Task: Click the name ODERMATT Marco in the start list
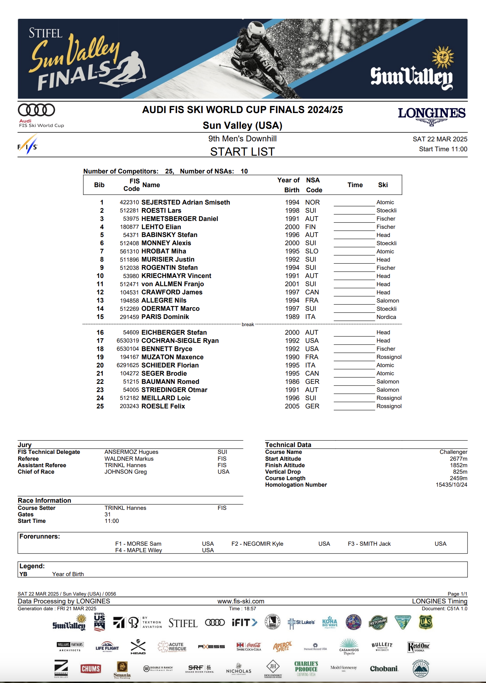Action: pyautogui.click(x=170, y=309)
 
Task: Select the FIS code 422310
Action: pyautogui.click(x=129, y=203)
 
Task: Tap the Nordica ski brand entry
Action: pyautogui.click(x=386, y=317)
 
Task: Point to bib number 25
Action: pyautogui.click(x=100, y=406)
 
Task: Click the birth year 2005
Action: pyautogui.click(x=292, y=406)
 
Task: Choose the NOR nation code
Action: pyautogui.click(x=312, y=203)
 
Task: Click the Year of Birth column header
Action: pyautogui.click(x=289, y=185)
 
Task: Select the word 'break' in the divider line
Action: pyautogui.click(x=248, y=324)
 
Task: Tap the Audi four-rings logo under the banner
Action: pyautogui.click(x=37, y=110)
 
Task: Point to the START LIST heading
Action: pyautogui.click(x=242, y=152)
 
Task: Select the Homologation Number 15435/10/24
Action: pyautogui.click(x=451, y=485)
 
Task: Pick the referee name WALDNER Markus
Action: pyautogui.click(x=129, y=459)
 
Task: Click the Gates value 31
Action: pyautogui.click(x=108, y=515)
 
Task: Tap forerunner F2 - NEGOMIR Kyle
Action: pyautogui.click(x=257, y=544)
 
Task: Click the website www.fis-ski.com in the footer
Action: pyautogui.click(x=241, y=601)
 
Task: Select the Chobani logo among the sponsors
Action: pyautogui.click(x=384, y=669)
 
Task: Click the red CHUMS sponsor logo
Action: pyautogui.click(x=90, y=669)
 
